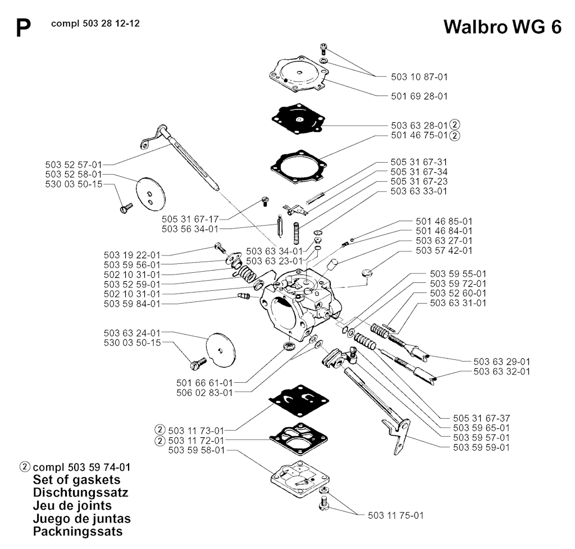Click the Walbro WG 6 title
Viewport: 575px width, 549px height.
point(502,27)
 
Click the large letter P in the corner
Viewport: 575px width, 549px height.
point(23,29)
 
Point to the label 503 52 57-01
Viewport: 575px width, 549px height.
point(74,164)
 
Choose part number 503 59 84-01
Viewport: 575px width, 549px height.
point(132,304)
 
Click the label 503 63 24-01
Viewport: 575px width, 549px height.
point(132,332)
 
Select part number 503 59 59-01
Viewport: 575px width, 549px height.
point(481,447)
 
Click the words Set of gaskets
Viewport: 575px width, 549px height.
point(76,480)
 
